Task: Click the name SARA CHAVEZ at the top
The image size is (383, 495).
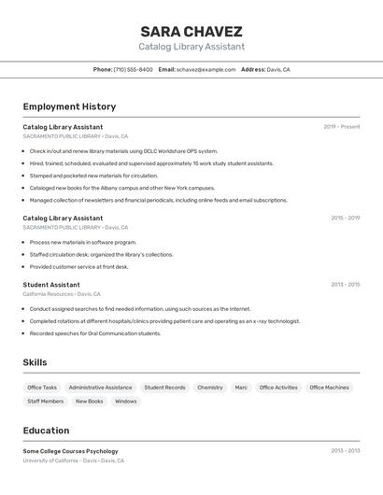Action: point(191,31)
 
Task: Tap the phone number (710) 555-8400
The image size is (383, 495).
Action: point(133,69)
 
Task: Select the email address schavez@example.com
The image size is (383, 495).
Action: point(206,69)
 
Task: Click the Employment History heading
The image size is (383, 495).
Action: point(69,106)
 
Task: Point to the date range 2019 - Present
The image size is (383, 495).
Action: point(341,127)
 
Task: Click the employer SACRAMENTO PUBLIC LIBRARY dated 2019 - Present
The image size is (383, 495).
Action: point(75,136)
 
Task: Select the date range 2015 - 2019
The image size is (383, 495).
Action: point(345,218)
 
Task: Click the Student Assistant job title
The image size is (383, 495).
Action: point(51,285)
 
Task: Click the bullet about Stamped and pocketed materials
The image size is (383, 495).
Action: point(93,176)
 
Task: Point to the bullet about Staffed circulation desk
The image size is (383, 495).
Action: point(101,254)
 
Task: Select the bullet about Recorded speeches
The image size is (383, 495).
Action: point(95,333)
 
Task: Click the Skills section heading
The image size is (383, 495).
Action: point(35,362)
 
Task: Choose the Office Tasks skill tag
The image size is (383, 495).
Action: point(42,388)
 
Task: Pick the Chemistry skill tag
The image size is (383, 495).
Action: point(210,388)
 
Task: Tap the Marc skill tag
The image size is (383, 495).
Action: point(241,388)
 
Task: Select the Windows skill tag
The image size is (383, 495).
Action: point(125,402)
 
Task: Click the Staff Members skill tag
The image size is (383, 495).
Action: point(46,402)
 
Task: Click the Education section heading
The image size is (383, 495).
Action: point(46,431)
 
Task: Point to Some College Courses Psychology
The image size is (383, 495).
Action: point(70,451)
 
